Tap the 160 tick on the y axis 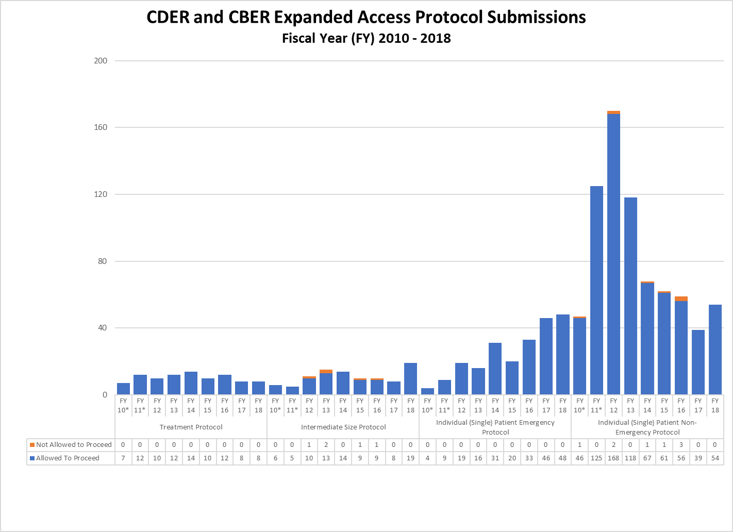(x=101, y=127)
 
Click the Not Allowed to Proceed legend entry (x=71, y=444)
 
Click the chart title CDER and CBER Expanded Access (x=366, y=17)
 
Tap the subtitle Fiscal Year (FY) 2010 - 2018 (x=366, y=39)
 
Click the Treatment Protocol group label (x=191, y=427)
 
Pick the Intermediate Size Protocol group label (x=343, y=427)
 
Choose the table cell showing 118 (x=630, y=458)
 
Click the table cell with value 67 (x=647, y=458)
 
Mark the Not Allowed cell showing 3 (x=681, y=444)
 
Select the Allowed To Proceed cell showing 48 (x=562, y=458)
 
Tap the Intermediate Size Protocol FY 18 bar (x=410, y=379)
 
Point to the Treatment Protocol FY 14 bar (x=191, y=383)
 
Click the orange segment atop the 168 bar (x=613, y=112)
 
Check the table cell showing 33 (x=529, y=458)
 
